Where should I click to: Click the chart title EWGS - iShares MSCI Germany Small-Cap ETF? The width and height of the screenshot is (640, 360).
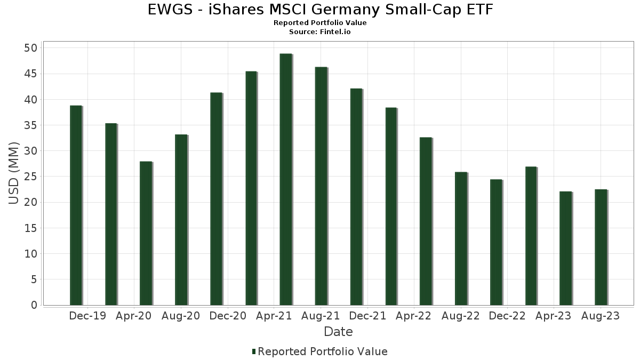pyautogui.click(x=319, y=10)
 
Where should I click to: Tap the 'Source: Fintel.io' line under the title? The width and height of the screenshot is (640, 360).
pyautogui.click(x=319, y=32)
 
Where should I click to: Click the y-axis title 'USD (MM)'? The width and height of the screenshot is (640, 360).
pyautogui.click(x=14, y=173)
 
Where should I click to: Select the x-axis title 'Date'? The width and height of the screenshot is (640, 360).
pyautogui.click(x=338, y=332)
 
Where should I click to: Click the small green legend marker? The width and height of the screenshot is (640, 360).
pyautogui.click(x=254, y=351)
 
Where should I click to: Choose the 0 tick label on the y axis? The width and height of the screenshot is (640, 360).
pyautogui.click(x=34, y=305)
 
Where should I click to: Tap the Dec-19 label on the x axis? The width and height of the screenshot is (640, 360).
pyautogui.click(x=87, y=316)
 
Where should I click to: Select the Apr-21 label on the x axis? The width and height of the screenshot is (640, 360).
pyautogui.click(x=274, y=316)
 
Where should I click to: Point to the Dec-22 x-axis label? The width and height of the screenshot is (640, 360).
pyautogui.click(x=507, y=316)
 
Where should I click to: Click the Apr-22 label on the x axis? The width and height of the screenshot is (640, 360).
pyautogui.click(x=414, y=316)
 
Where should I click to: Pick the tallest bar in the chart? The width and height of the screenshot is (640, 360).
pyautogui.click(x=286, y=179)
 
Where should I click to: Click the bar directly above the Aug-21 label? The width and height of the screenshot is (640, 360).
pyautogui.click(x=321, y=186)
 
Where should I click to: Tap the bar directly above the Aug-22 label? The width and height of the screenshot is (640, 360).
pyautogui.click(x=461, y=238)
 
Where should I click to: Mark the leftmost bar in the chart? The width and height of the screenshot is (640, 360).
pyautogui.click(x=76, y=205)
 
